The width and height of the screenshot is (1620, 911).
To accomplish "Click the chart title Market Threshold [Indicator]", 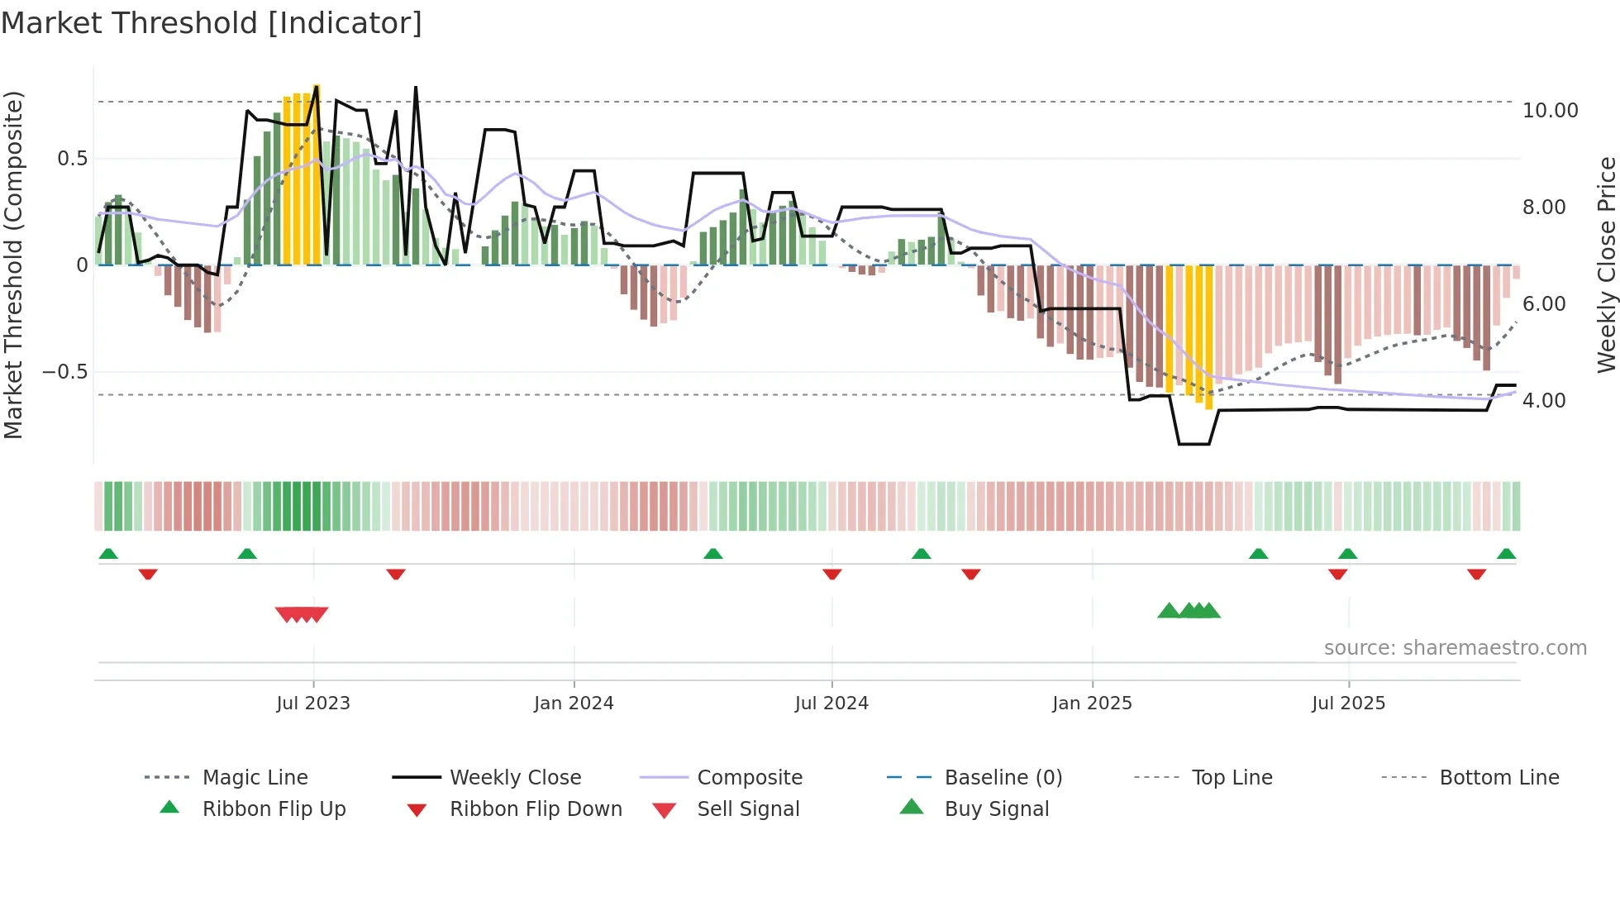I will [212, 23].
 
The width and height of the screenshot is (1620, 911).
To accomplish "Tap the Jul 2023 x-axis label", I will [313, 704].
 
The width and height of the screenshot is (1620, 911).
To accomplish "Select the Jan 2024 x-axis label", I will [574, 704].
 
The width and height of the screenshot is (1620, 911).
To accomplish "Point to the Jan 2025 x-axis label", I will [1092, 704].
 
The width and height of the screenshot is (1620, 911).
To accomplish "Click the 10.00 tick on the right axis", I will [1550, 111].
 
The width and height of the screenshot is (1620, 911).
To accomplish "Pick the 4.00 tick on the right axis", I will [1544, 401].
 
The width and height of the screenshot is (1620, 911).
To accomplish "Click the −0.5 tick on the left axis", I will [64, 372].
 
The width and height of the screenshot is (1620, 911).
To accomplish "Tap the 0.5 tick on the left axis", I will [72, 159].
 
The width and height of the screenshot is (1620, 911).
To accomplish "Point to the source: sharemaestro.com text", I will [1455, 648].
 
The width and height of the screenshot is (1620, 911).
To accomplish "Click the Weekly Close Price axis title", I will [1606, 265].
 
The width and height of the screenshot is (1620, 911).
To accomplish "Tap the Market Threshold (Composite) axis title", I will [13, 265].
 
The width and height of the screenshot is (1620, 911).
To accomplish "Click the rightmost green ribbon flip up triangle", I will [1506, 554].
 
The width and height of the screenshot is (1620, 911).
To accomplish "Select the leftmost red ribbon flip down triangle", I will [148, 574].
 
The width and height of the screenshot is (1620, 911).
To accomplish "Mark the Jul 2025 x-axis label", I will [1348, 704].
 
